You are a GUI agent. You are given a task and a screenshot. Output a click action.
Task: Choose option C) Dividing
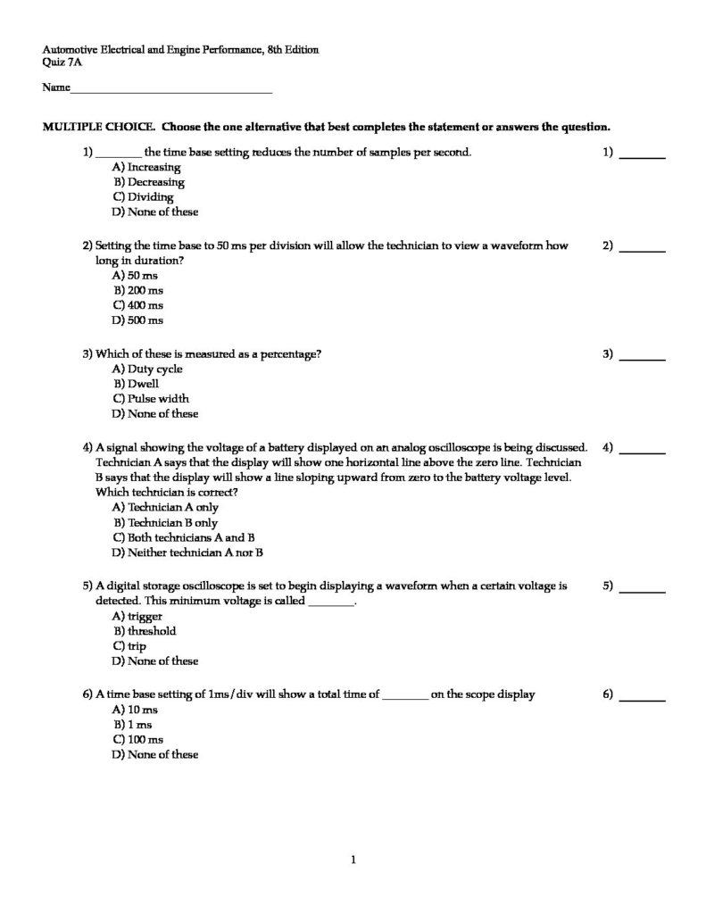click(143, 197)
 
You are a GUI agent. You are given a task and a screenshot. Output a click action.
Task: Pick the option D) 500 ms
click(137, 320)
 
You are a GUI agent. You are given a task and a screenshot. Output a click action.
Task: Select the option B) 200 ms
click(137, 290)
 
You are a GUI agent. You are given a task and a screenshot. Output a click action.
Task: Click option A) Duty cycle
click(147, 369)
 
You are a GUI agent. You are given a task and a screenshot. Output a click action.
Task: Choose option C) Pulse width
click(151, 399)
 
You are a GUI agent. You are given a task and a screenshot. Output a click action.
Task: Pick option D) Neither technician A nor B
click(187, 553)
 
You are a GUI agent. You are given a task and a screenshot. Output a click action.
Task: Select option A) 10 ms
click(135, 710)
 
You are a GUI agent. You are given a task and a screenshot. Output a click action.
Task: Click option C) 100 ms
click(137, 739)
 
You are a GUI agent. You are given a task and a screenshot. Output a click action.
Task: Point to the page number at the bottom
click(354, 860)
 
